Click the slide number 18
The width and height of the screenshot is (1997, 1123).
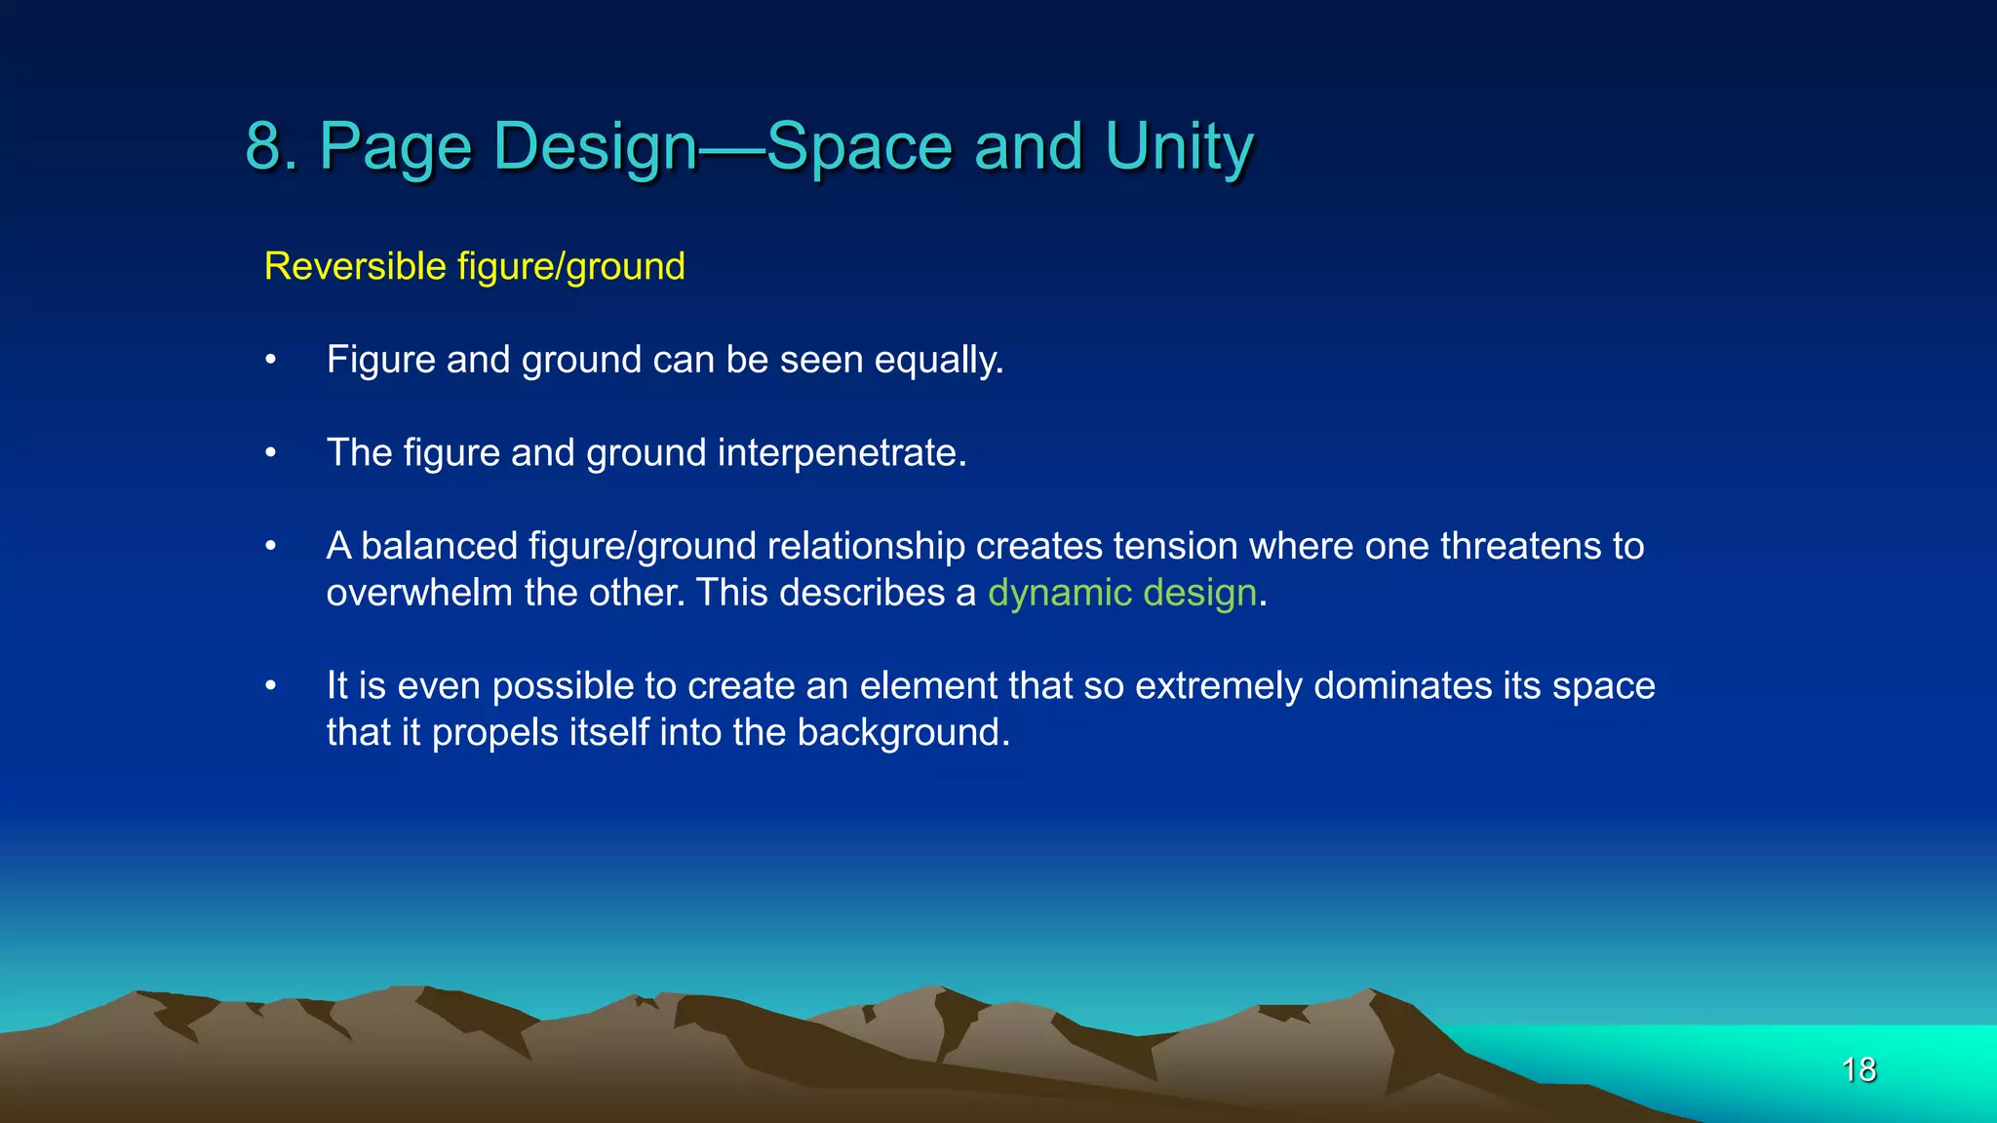coord(1859,1069)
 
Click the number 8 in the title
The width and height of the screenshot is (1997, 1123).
coord(263,146)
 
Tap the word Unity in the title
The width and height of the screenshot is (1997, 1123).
coord(1179,146)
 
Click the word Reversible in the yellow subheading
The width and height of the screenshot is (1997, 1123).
coord(355,266)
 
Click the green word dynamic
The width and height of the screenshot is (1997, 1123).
coord(1059,593)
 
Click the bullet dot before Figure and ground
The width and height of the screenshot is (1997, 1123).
coord(271,361)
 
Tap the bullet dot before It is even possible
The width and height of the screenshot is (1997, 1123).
coord(271,686)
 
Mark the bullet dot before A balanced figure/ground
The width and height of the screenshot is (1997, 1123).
coord(271,547)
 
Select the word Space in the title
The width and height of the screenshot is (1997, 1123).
coord(858,146)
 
